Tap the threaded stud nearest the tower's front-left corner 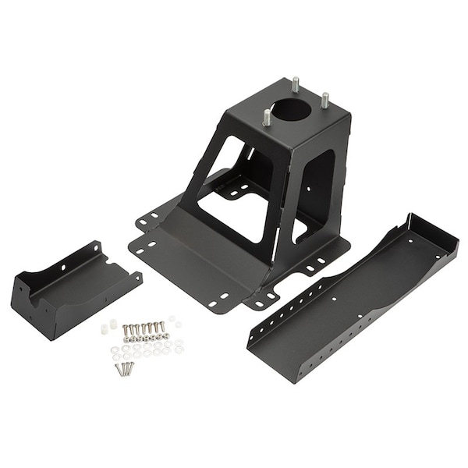point(268,117)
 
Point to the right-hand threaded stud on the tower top point(325,100)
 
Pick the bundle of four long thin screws point(123,368)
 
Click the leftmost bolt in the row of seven point(125,329)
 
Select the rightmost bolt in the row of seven point(163,326)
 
